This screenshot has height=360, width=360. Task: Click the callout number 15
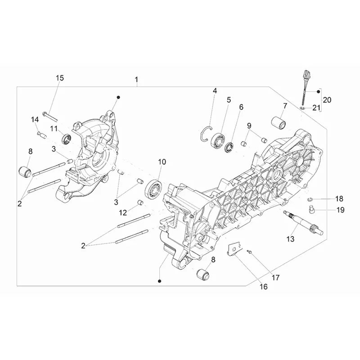(60, 78)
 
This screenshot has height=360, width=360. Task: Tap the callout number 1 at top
(137, 80)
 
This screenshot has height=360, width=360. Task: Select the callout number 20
(327, 100)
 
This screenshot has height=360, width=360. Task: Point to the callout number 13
(290, 239)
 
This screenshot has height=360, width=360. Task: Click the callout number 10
(162, 162)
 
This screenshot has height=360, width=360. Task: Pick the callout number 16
(264, 287)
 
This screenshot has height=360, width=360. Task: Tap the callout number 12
(123, 212)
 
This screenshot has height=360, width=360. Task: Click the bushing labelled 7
(278, 122)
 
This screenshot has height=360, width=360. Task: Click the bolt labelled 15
(50, 117)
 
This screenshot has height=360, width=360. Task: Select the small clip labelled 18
(310, 199)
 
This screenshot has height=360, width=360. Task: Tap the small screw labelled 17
(249, 252)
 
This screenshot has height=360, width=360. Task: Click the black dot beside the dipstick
(319, 92)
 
